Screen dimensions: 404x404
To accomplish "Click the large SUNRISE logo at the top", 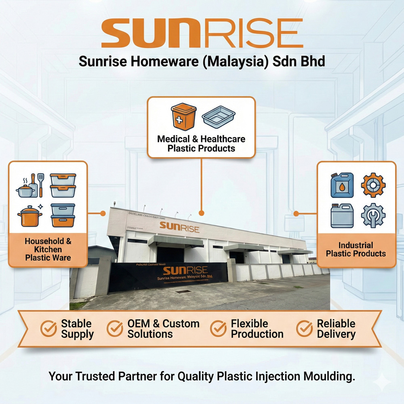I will pos(202,33).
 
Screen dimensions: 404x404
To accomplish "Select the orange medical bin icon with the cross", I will pos(183,116).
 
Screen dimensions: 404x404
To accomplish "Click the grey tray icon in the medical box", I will pos(218,117).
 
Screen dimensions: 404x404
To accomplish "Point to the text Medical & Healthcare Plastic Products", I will pos(201,143).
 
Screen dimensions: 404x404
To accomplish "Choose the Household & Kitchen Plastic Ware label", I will pos(48,249).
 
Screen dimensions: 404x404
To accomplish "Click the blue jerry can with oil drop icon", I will pos(342,185).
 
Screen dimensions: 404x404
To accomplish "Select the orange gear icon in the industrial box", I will pos(373,185).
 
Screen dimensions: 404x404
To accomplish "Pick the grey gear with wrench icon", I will pos(373,215).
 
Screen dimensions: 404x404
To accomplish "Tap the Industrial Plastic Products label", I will pos(356,249).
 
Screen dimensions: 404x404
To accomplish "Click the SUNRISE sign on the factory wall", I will pos(179,227).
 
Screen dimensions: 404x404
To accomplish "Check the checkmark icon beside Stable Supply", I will pos(49,329).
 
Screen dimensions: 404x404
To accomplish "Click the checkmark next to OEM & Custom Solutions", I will pos(115,329).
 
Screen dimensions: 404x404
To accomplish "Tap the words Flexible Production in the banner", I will pos(257,329).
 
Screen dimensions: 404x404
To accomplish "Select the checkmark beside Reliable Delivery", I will pos(304,329).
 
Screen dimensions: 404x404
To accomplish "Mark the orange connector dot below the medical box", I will pos(202,213).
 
